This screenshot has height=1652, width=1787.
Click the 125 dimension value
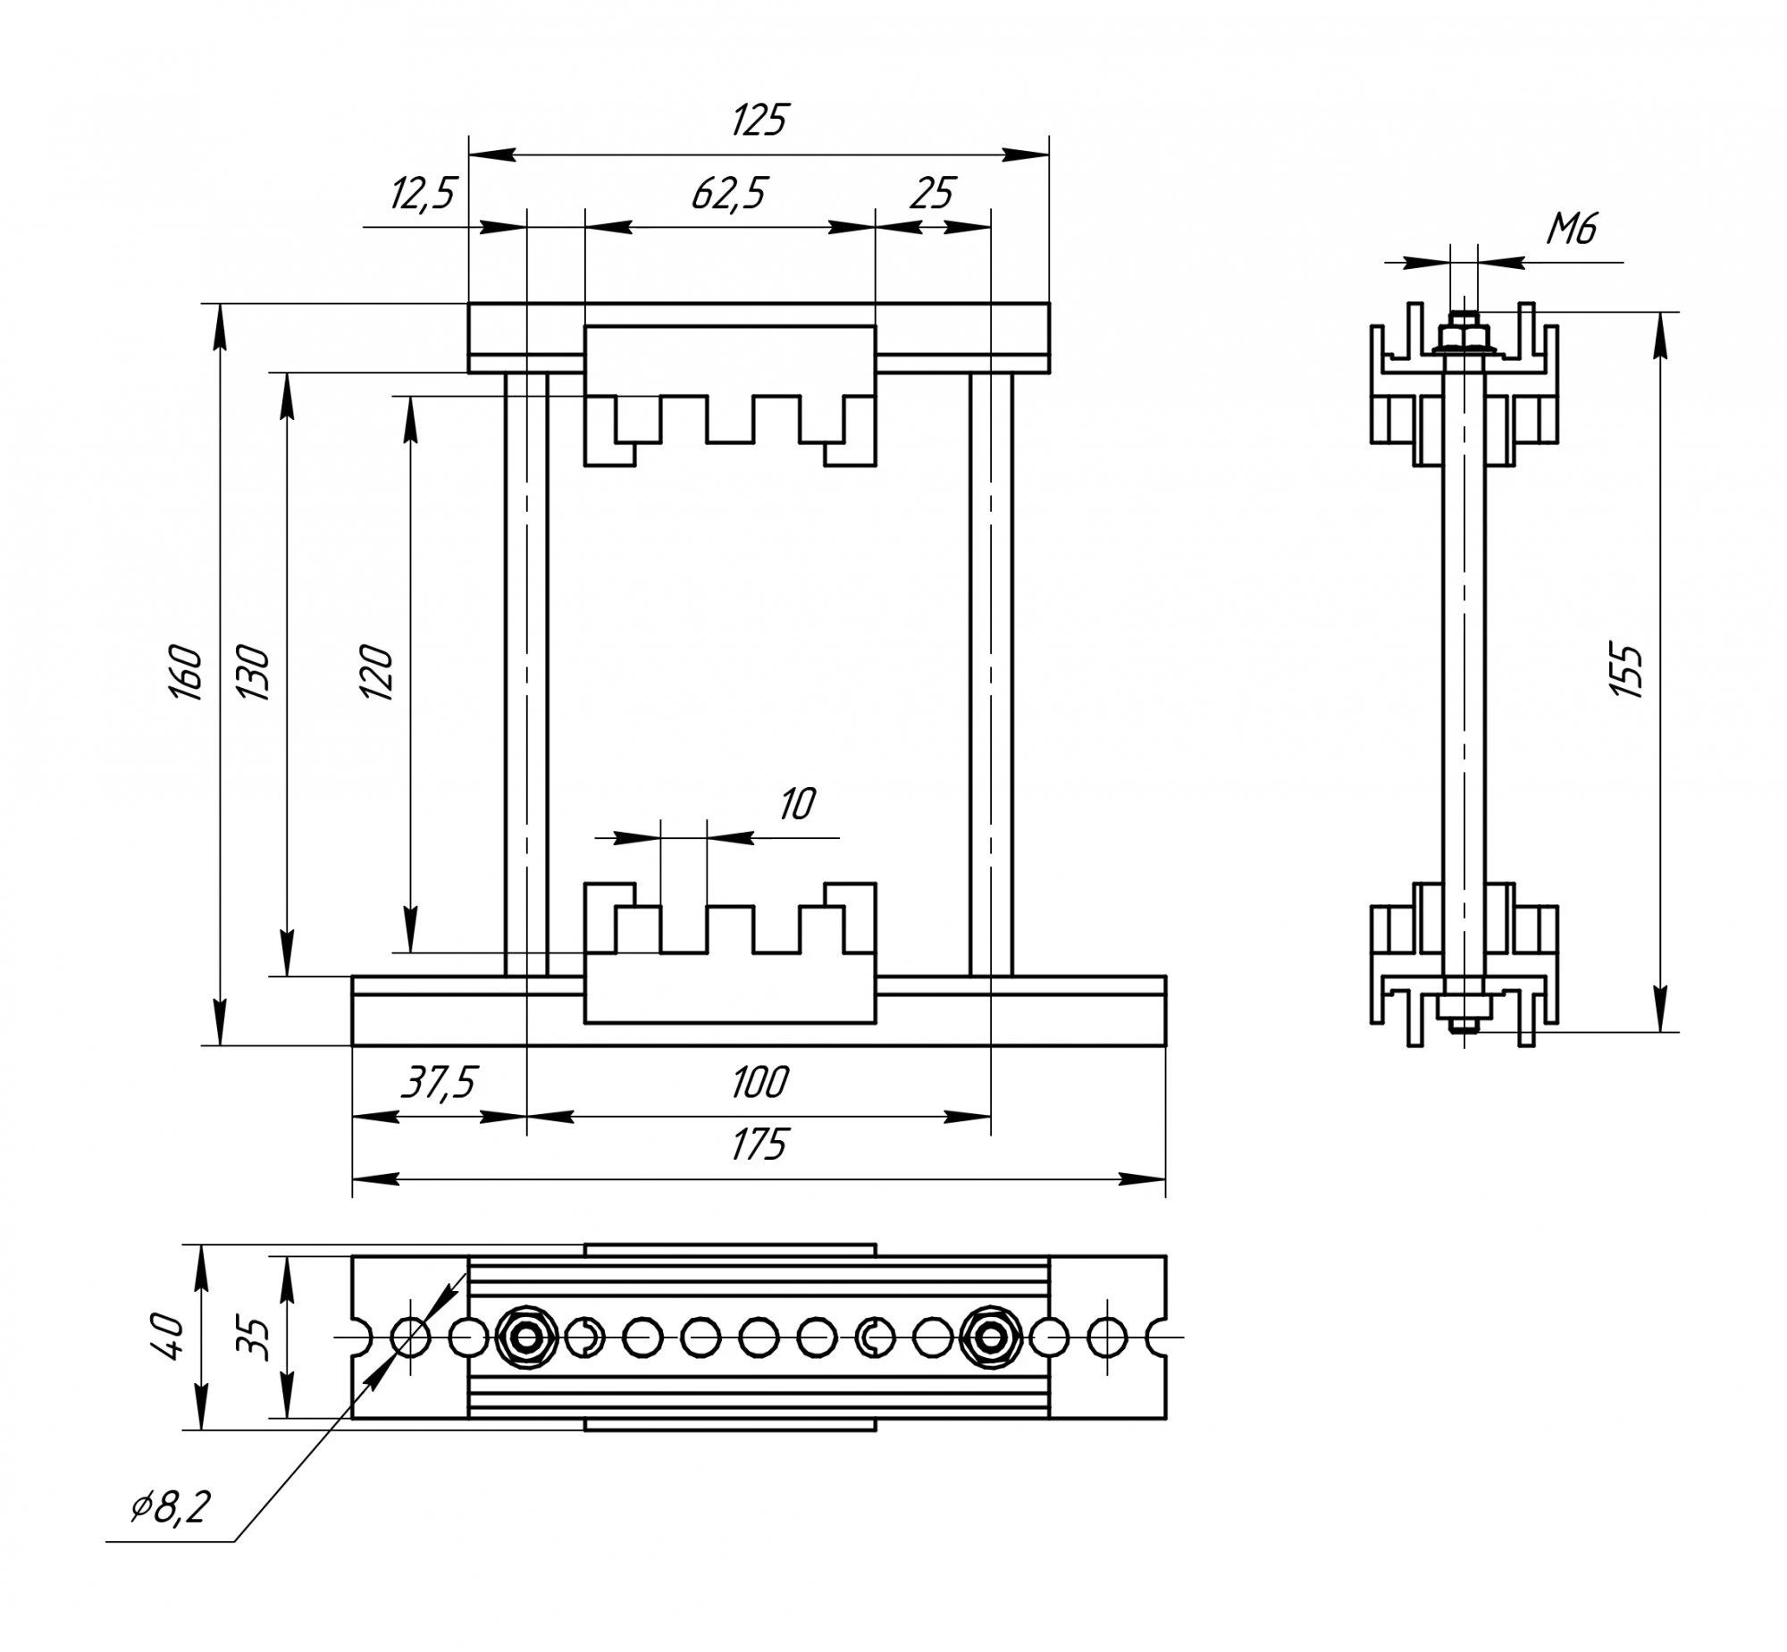(759, 120)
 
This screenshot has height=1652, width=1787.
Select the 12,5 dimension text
(423, 193)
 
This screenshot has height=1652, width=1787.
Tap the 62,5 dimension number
(729, 193)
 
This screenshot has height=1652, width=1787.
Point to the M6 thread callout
(1571, 231)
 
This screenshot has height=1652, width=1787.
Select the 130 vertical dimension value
(253, 671)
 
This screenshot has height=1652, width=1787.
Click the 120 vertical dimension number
(376, 671)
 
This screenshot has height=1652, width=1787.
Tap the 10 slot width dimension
(796, 804)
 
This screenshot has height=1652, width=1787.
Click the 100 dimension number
(759, 1083)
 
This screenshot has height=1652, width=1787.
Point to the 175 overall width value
(759, 1145)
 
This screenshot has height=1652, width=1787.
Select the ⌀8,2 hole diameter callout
(170, 1508)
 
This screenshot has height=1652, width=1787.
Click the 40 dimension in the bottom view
(169, 1337)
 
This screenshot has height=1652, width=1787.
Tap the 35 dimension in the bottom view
(256, 1337)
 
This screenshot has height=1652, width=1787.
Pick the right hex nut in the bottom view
(990, 1338)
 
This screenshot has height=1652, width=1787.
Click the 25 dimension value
(933, 193)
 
